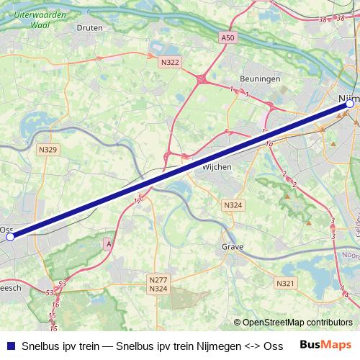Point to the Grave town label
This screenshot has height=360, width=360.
[233, 247]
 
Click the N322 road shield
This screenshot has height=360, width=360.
[170, 63]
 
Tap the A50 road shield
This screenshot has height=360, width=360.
[228, 37]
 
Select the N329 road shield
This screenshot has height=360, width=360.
[49, 150]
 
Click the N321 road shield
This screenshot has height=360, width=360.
[286, 284]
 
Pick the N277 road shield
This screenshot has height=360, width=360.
[158, 279]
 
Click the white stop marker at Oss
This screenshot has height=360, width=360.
[10, 235]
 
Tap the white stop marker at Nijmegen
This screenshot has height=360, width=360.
[349, 104]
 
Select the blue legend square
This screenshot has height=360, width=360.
[9, 345]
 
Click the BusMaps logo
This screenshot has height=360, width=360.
[325, 345]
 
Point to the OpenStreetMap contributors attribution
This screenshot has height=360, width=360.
[298, 323]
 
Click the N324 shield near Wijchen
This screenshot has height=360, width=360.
[233, 205]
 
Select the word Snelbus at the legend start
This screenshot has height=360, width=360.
[40, 345]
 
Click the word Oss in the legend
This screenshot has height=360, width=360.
[274, 345]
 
